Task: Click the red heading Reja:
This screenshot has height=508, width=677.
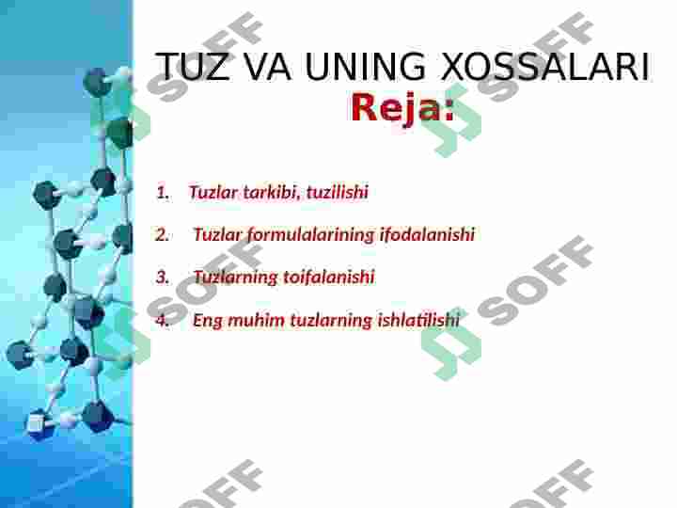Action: (x=402, y=109)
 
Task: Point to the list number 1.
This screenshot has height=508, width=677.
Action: (x=163, y=193)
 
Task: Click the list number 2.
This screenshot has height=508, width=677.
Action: (x=163, y=235)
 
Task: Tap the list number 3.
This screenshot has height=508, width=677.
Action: (x=163, y=278)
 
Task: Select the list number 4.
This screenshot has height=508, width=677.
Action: (x=163, y=320)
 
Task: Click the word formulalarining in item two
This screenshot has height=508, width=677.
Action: (x=310, y=235)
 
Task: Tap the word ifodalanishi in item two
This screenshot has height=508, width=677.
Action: (x=427, y=235)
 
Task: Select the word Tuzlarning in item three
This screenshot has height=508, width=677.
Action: (x=235, y=278)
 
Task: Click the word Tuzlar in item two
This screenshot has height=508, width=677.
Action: (x=217, y=235)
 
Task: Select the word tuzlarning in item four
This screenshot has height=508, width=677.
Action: (x=330, y=320)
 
